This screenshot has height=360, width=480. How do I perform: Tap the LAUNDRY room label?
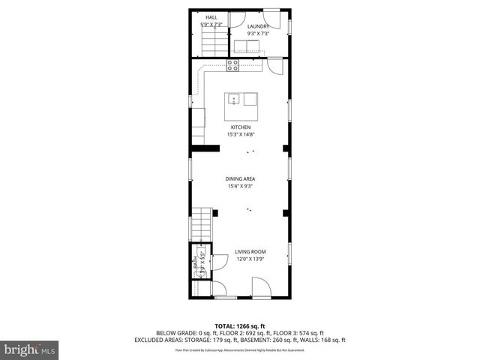pos(258,26)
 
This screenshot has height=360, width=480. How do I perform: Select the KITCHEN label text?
pos(240,127)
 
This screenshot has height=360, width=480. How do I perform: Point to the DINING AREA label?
pos(240,178)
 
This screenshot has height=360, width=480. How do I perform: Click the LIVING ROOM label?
pos(250,251)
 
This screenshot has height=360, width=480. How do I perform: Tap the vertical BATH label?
pos(196,265)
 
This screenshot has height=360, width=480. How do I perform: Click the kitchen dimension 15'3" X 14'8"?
pos(240,135)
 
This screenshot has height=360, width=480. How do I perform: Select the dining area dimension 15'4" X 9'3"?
pos(240,187)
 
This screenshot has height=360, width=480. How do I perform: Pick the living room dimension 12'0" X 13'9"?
pos(250,259)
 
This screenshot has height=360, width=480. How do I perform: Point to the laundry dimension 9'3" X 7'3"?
pos(258,34)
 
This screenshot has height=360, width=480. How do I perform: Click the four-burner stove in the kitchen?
pos(233,64)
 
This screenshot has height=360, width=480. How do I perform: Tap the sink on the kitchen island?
pos(233,98)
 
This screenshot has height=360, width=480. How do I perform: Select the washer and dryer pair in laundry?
pos(246,47)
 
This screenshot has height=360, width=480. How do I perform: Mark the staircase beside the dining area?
pos(200,223)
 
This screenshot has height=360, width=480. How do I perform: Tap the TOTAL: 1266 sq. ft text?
pos(240,325)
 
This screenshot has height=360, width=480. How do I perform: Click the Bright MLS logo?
pos(29,349)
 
